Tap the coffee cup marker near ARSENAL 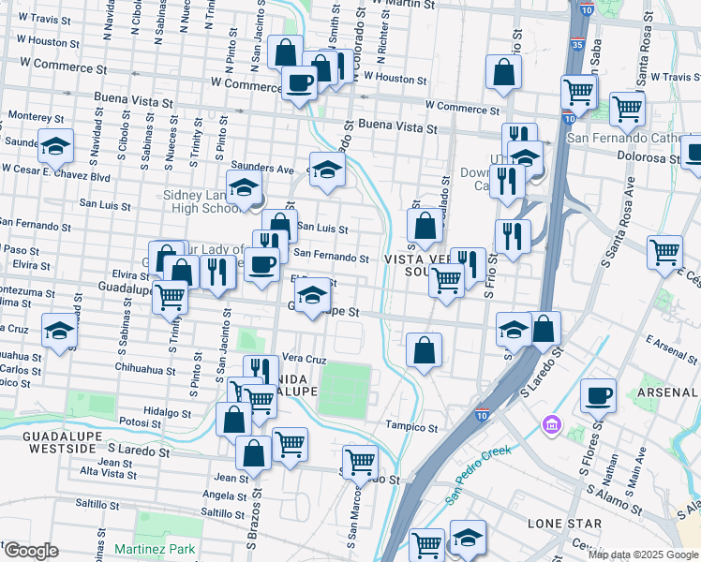point(598,395)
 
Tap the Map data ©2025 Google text point(642,555)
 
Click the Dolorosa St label point(649,158)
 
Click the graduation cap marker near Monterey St point(56,146)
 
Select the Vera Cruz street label point(304,359)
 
